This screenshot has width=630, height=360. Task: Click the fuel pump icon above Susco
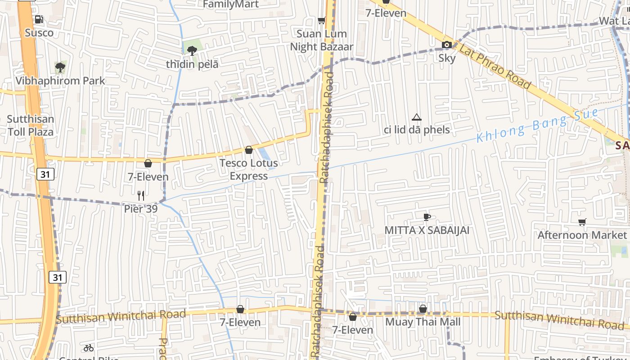[39, 19]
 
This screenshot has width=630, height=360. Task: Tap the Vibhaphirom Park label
[60, 81]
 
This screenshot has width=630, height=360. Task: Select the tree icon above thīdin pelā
[192, 50]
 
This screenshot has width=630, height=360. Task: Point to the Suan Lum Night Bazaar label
[322, 40]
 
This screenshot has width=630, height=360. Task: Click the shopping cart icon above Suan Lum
[322, 20]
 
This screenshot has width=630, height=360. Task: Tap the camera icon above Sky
[447, 45]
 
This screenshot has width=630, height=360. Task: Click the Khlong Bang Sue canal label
[538, 126]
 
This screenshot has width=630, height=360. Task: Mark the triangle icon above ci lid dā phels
[417, 117]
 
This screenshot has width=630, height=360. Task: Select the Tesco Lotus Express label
[248, 169]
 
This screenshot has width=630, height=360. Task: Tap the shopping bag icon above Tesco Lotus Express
[249, 150]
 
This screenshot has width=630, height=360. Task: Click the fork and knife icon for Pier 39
[141, 195]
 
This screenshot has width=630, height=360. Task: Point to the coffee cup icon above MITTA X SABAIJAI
[427, 217]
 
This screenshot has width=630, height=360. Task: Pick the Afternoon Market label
[582, 235]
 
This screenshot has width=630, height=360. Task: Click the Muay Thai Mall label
[423, 322]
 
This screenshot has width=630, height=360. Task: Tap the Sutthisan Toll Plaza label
[30, 126]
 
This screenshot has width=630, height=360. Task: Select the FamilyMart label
[231, 4]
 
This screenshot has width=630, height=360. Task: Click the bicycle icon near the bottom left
[89, 348]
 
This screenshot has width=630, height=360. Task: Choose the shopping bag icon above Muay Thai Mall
[423, 309]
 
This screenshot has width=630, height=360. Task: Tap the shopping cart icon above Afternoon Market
[582, 222]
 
